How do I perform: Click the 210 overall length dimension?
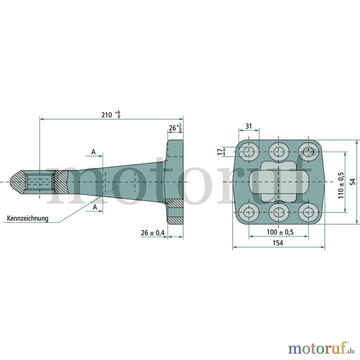(x=111, y=114)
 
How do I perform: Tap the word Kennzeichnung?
(x=28, y=218)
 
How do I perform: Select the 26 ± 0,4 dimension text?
(x=153, y=233)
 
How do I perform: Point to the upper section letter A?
(x=94, y=152)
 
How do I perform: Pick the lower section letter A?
(x=95, y=207)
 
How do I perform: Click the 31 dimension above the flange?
(x=249, y=126)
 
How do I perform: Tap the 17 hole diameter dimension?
(x=220, y=152)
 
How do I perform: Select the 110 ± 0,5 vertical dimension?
(x=341, y=185)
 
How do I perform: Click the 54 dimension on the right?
(x=353, y=182)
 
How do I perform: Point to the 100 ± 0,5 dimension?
(x=280, y=232)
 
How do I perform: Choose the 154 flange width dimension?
(x=278, y=243)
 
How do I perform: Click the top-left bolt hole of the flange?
(x=249, y=152)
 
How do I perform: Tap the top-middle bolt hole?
(x=279, y=152)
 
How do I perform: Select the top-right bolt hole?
(x=308, y=152)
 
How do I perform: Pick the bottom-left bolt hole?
(x=249, y=212)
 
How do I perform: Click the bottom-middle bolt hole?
(x=279, y=212)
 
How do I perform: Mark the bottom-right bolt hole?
(x=308, y=212)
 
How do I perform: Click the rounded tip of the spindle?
(x=14, y=182)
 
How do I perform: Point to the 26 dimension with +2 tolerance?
(x=175, y=127)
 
